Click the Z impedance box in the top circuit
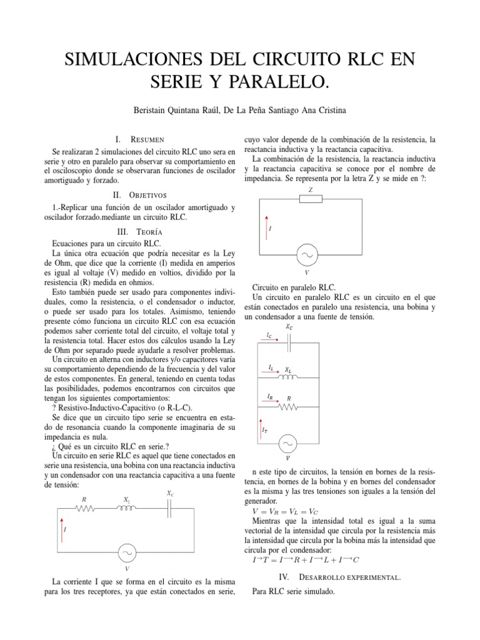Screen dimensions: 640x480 click(x=311, y=199)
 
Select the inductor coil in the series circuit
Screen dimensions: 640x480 click(x=127, y=509)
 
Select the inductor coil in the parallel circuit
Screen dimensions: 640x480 click(x=288, y=377)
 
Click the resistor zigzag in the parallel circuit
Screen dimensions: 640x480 click(x=288, y=407)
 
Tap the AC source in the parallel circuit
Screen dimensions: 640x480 click(x=288, y=443)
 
